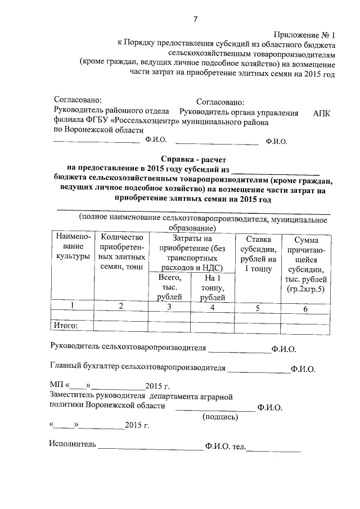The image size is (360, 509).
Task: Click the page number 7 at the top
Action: pyautogui.click(x=196, y=20)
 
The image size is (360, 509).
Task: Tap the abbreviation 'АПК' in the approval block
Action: pyautogui.click(x=322, y=112)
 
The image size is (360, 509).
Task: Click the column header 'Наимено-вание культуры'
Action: pyautogui.click(x=72, y=247)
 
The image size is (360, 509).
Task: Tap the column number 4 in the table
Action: pyautogui.click(x=212, y=308)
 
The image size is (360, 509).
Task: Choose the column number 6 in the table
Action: pyautogui.click(x=305, y=309)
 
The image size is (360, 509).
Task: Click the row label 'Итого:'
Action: pyautogui.click(x=65, y=325)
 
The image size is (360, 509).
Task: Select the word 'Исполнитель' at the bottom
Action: pyautogui.click(x=73, y=445)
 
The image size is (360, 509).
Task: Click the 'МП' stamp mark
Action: pyautogui.click(x=56, y=386)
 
